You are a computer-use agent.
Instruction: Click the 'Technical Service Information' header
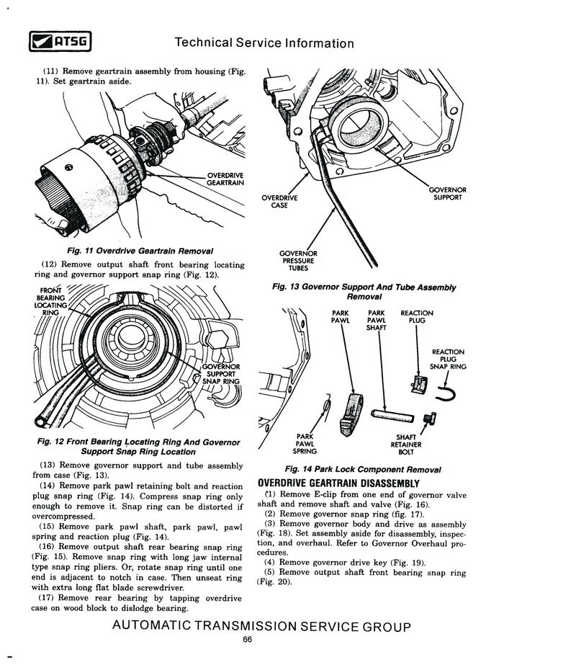pos(264,43)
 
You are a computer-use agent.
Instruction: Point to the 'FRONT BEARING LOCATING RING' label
pos(50,301)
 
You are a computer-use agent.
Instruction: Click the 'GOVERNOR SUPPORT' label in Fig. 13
pos(447,194)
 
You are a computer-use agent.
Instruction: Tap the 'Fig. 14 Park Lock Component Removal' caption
pos(363,469)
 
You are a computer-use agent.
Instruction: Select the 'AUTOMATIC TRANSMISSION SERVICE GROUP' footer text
pos(261,626)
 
